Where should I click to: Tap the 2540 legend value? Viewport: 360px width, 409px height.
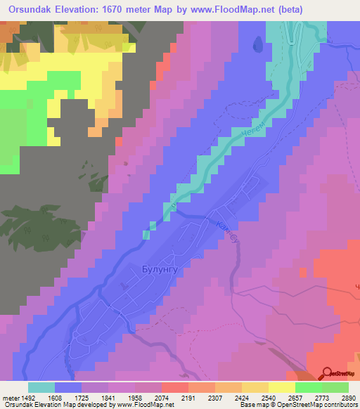(x=268, y=397)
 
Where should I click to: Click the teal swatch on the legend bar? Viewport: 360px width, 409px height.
(x=41, y=387)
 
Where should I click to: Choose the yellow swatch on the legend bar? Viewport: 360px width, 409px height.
(x=281, y=387)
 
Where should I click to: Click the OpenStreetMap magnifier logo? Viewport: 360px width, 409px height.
(x=328, y=374)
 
